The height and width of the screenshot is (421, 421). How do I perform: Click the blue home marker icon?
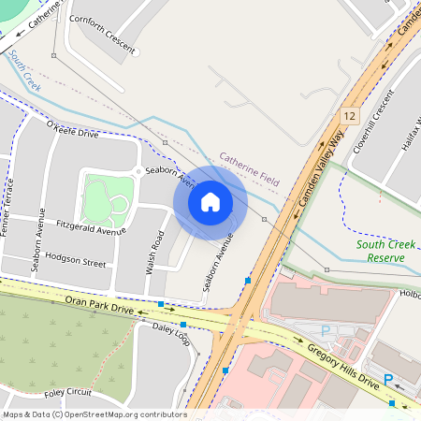(210, 202)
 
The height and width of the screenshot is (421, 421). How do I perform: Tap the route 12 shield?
(350, 114)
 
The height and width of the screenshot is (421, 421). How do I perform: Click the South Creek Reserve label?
(385, 251)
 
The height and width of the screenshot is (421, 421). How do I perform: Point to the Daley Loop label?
(171, 335)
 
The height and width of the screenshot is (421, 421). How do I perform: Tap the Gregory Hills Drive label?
(342, 367)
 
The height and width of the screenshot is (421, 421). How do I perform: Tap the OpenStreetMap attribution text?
(94, 414)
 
